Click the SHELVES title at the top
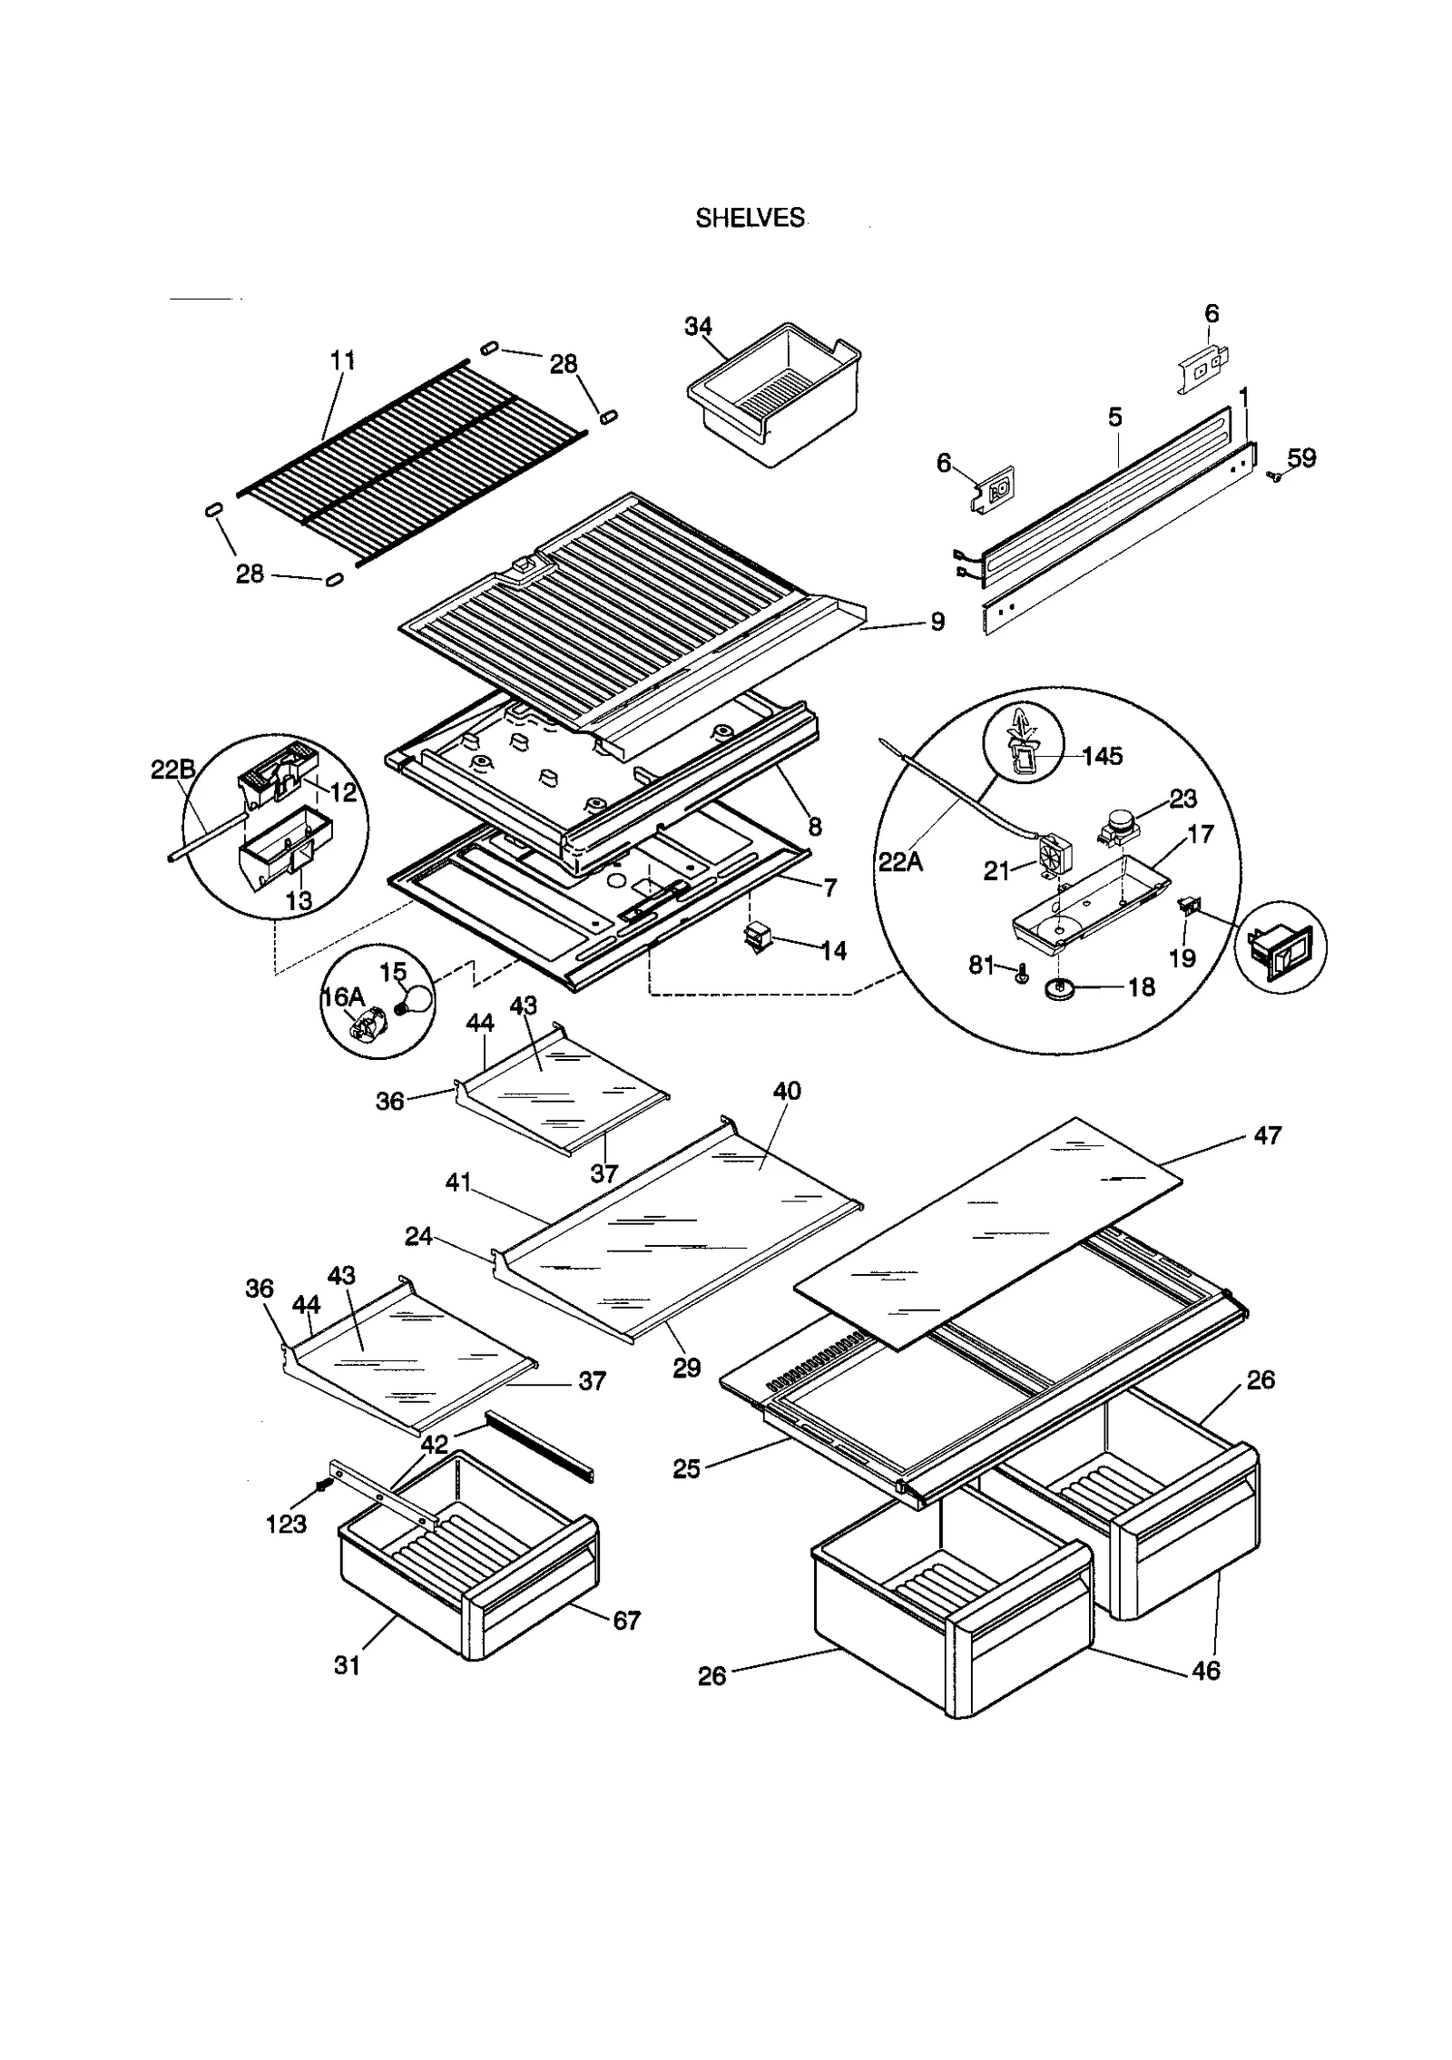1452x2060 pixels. (x=750, y=219)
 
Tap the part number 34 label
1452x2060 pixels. (x=698, y=326)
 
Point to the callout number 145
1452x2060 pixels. (x=1103, y=755)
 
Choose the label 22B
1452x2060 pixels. (x=172, y=770)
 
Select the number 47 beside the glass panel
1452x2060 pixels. (x=1267, y=1134)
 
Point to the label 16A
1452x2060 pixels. (x=343, y=996)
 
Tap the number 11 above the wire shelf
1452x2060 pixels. (x=342, y=360)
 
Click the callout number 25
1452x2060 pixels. (x=686, y=1467)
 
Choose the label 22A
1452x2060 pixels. (x=900, y=860)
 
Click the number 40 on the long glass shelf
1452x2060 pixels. (x=787, y=1090)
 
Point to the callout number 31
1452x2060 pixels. (x=348, y=1664)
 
